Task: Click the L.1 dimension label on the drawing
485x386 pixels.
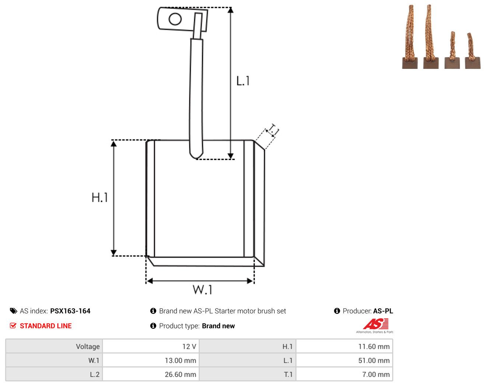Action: pos(243,81)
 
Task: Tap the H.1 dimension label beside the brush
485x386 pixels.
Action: pos(100,197)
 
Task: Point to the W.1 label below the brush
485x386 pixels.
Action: pos(202,289)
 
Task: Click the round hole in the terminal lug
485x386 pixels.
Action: pos(175,19)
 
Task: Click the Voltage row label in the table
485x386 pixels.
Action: pos(88,346)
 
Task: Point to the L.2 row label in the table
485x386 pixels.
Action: pos(94,374)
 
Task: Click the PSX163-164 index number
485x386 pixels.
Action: pos(70,311)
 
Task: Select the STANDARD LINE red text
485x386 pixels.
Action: pos(46,326)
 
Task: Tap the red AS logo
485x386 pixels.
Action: pos(376,324)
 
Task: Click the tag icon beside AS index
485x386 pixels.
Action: pos(14,311)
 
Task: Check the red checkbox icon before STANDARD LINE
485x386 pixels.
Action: pos(13,326)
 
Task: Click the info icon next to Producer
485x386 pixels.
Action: pos(337,311)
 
